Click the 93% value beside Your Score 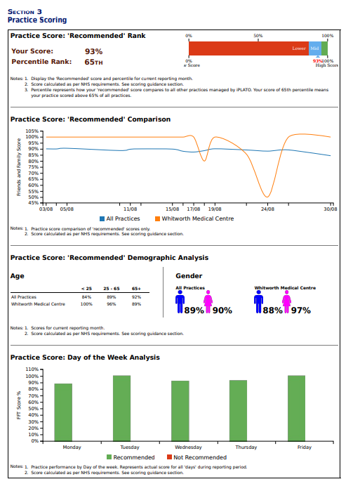pyautogui.click(x=93, y=51)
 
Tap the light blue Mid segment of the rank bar pyautogui.click(x=314, y=48)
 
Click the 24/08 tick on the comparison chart pyautogui.click(x=267, y=209)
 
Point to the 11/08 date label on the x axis pyautogui.click(x=130, y=209)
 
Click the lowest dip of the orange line pyautogui.click(x=266, y=197)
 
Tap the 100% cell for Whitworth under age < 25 pyautogui.click(x=86, y=304)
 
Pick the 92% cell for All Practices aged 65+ pyautogui.click(x=136, y=297)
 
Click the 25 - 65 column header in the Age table pyautogui.click(x=111, y=288)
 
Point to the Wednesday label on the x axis pyautogui.click(x=188, y=447)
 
